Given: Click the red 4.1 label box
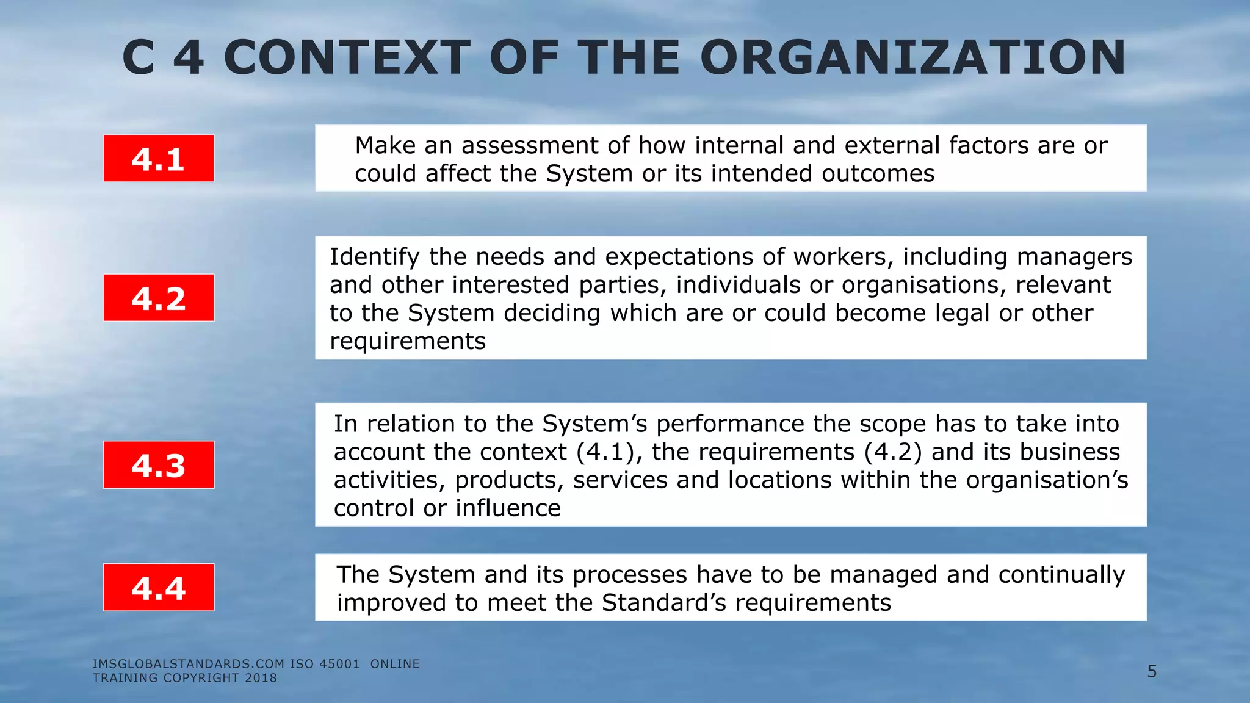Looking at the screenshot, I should click(x=159, y=159).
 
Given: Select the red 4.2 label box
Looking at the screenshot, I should click(x=159, y=298).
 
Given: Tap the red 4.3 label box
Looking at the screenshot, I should click(x=159, y=465).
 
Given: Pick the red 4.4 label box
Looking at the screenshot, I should click(x=159, y=588).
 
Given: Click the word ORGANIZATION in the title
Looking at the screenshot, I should click(x=912, y=58).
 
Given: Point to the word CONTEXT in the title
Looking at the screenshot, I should click(x=347, y=58).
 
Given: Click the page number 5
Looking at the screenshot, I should click(x=1152, y=672).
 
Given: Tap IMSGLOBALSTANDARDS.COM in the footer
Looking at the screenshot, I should click(x=189, y=664).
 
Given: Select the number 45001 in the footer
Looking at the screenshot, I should click(x=339, y=664).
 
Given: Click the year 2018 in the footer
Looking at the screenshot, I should click(x=261, y=678).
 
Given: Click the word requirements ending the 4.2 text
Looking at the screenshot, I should click(x=408, y=342).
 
